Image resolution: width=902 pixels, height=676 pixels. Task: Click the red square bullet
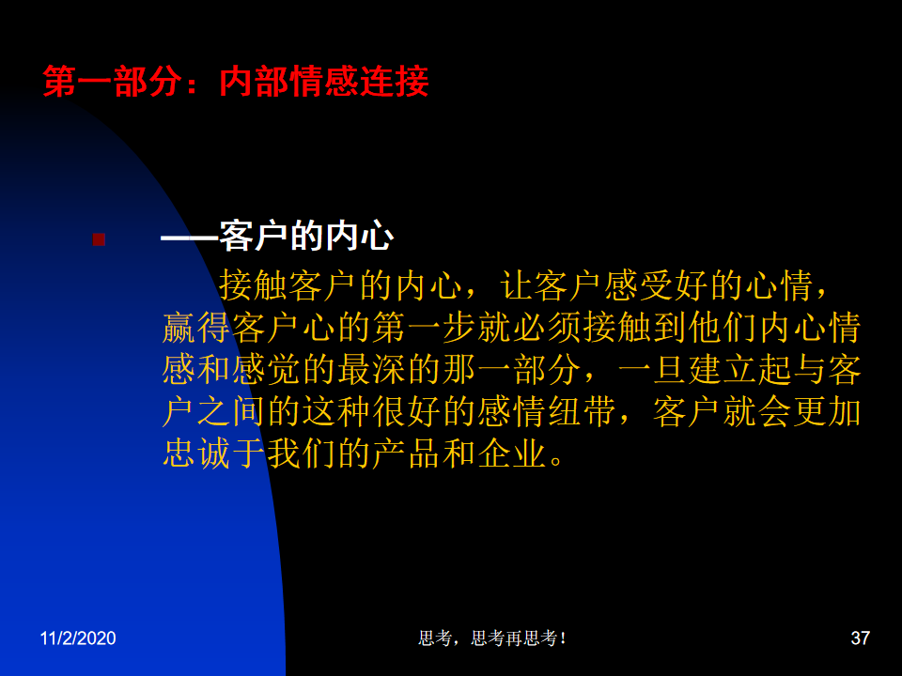coord(99,239)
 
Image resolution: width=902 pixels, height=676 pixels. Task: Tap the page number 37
coord(860,638)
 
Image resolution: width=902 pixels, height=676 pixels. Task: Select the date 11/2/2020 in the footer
coord(78,638)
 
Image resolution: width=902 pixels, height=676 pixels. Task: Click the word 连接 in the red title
coord(395,81)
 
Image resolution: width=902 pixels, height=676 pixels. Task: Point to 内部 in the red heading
coord(254,81)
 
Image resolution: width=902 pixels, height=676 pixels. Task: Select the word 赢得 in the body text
coord(196,328)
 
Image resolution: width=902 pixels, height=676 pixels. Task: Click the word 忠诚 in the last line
coord(196,453)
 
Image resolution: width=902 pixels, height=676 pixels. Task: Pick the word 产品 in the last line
coord(407,453)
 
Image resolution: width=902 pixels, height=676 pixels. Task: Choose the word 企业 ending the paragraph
coord(512,453)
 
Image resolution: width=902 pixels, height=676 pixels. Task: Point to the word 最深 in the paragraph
coord(372,370)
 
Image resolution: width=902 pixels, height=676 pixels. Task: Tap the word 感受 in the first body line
coord(639,285)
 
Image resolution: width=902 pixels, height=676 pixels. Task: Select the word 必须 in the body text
coord(547,328)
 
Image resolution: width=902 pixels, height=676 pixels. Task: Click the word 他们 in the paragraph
coord(723,328)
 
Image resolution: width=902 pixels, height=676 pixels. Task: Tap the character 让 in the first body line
coord(516,285)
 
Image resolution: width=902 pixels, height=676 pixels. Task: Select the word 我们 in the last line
coord(302,453)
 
